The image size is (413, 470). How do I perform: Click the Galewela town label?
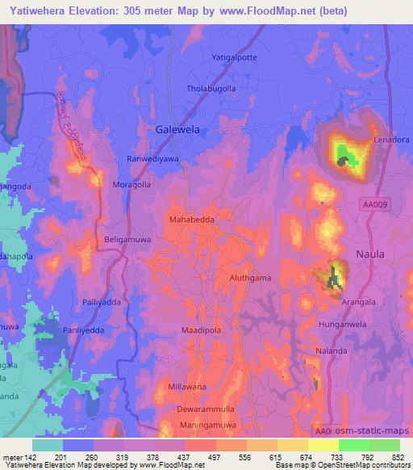click(x=177, y=129)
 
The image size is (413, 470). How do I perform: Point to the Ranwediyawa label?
click(x=153, y=160)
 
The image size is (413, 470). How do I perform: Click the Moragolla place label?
click(x=131, y=184)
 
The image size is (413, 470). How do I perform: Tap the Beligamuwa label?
click(x=128, y=240)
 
